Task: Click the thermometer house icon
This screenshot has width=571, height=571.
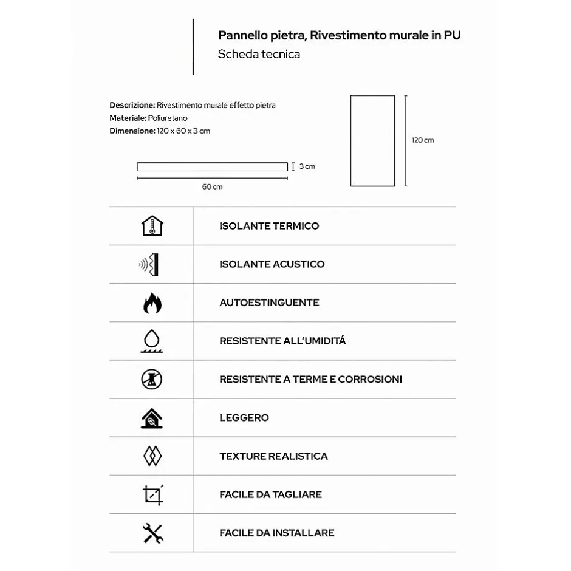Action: click(152, 226)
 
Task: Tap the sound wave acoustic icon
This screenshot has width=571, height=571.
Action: click(152, 264)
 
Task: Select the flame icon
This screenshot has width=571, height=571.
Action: click(152, 303)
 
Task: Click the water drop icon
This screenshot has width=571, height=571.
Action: click(152, 341)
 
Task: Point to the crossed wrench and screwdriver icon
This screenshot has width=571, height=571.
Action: click(152, 533)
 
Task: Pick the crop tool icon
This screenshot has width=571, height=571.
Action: click(152, 494)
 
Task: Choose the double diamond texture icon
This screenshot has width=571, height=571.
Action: click(152, 456)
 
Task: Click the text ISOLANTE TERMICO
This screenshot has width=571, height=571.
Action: click(269, 226)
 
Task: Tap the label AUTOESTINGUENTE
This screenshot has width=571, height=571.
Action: click(269, 303)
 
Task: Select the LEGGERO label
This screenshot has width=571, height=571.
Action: click(244, 418)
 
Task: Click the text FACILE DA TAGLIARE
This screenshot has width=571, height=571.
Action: click(270, 494)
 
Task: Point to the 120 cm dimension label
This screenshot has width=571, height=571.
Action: click(423, 140)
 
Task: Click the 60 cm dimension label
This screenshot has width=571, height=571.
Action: click(213, 186)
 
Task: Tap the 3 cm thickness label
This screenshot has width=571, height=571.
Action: click(307, 166)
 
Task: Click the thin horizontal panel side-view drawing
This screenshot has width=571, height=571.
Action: click(212, 166)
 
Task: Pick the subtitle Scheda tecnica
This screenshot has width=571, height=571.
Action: click(259, 54)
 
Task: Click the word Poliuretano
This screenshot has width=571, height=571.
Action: click(168, 118)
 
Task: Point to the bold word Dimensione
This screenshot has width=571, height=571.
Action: click(132, 131)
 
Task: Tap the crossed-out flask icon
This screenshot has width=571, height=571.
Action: click(152, 379)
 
